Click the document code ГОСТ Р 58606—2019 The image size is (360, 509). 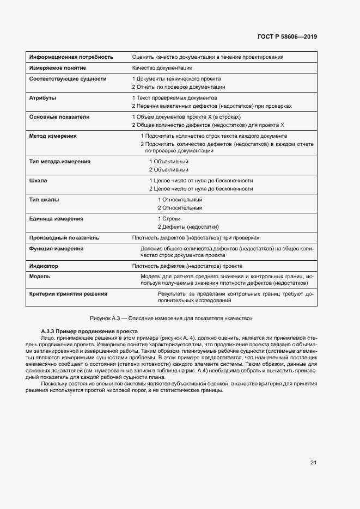coord(287,37)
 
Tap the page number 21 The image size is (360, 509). coord(314,463)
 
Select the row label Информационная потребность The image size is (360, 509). coord(71,57)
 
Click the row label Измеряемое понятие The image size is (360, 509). coord(57,68)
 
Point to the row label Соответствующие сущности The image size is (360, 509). coord(68,79)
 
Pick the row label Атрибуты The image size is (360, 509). coord(42,98)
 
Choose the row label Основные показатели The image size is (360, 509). coord(59,117)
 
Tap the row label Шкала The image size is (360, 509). coord(38,181)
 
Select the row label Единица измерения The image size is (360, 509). coord(56,219)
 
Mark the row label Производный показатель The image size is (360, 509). coord(64,238)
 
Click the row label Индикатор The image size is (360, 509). coord(44,266)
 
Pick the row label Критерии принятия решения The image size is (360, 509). coord(68,293)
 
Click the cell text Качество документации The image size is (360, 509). coord(162,68)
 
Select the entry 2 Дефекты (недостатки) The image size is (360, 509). coord(188,226)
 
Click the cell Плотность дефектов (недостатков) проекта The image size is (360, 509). coord(187,266)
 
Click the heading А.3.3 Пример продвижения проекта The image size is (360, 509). coord(89,332)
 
